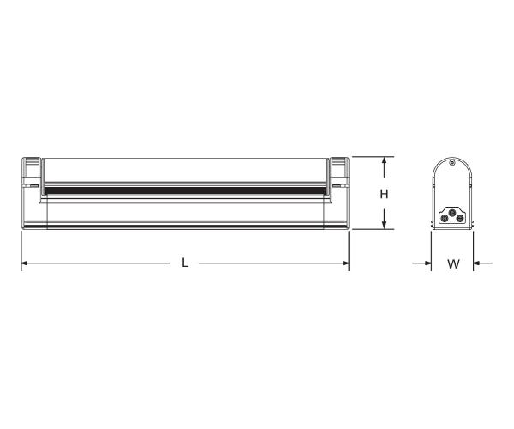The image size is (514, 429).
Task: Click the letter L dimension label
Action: tap(185, 263)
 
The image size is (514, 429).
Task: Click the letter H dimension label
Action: tap(385, 194)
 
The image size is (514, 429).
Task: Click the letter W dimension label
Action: tap(453, 264)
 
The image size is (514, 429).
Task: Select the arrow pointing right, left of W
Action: tap(427, 263)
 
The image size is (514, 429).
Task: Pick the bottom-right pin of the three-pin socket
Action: tap(461, 219)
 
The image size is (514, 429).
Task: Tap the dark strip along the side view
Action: tap(185, 188)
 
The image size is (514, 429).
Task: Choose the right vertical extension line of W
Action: tap(474, 249)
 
